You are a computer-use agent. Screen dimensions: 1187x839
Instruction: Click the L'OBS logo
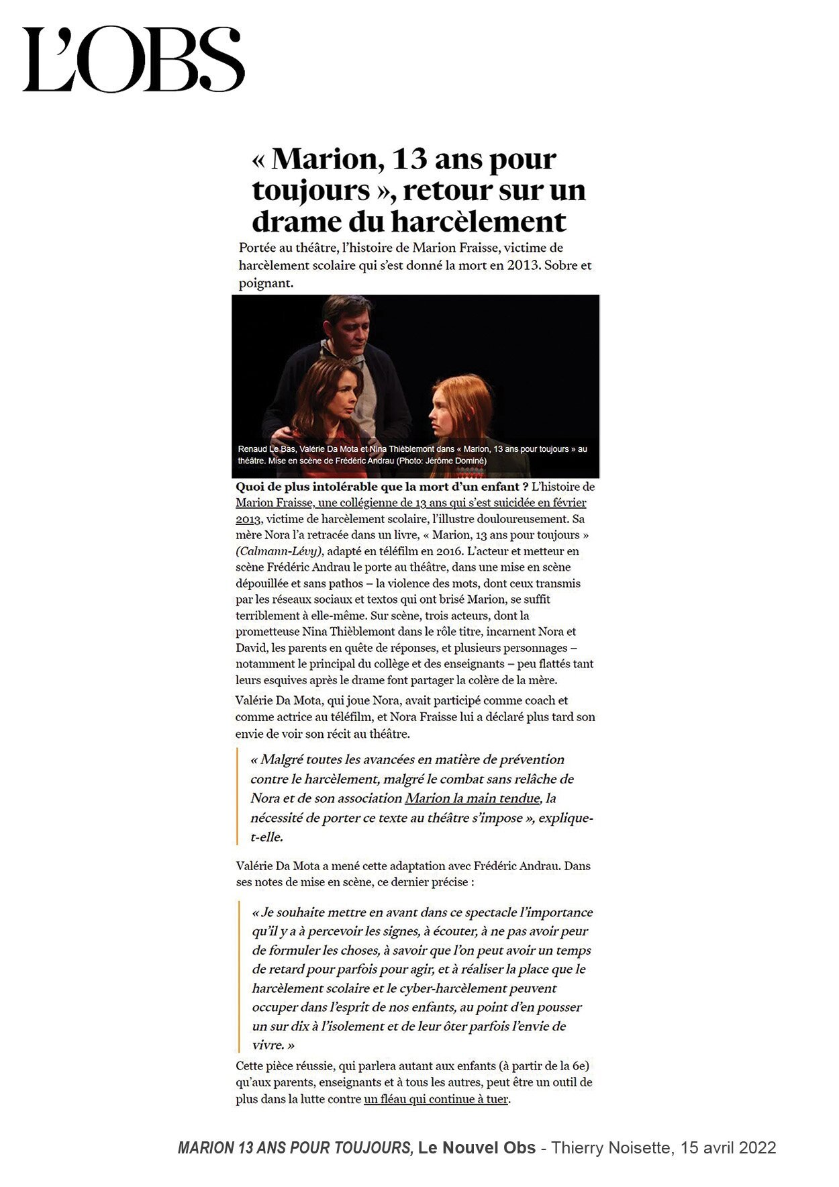pyautogui.click(x=133, y=59)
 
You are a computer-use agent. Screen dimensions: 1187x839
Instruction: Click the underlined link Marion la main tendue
pyautogui.click(x=472, y=798)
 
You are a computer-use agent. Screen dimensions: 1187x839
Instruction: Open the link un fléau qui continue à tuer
pyautogui.click(x=436, y=1099)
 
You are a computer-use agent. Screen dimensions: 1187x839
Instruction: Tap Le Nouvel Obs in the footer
pyautogui.click(x=477, y=1148)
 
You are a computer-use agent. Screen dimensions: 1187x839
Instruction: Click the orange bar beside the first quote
pyautogui.click(x=238, y=797)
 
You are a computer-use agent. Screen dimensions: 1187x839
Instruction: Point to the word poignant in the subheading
pyautogui.click(x=266, y=283)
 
